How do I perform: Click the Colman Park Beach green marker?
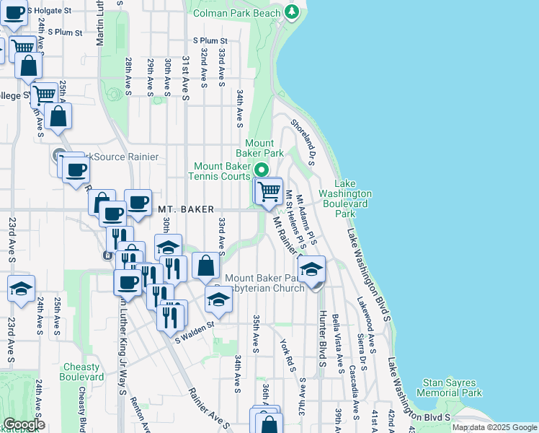(x=291, y=12)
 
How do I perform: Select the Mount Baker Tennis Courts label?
(x=220, y=170)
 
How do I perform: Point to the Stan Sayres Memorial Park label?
(x=453, y=388)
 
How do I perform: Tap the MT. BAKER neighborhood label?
(x=186, y=209)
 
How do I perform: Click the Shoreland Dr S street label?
(x=303, y=142)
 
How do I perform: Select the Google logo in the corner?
(x=24, y=424)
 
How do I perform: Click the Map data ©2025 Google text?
(x=494, y=427)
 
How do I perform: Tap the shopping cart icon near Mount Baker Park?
(x=269, y=192)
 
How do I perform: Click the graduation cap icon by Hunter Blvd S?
(x=312, y=270)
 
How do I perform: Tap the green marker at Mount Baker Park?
(x=261, y=171)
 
